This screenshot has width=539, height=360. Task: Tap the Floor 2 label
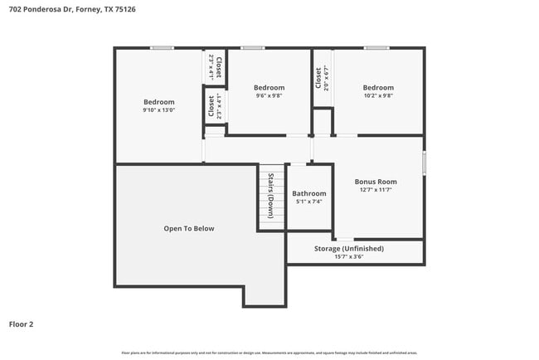pos(21,324)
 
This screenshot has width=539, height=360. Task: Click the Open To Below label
pos(189,228)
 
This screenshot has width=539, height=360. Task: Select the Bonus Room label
pos(376,182)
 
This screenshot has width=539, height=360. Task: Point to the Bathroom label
pos(308,193)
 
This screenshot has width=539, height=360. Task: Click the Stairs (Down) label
pos(270,196)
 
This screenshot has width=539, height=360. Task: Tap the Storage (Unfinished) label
pos(348,248)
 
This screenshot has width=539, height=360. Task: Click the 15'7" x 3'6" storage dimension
pos(348,256)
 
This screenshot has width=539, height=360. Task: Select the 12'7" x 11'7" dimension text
pos(376,190)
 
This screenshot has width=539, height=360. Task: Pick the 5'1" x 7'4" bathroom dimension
pos(308,202)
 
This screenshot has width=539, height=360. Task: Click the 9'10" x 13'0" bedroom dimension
pos(158,110)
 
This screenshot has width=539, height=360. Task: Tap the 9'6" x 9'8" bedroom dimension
pos(269,95)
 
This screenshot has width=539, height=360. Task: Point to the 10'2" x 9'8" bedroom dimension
pos(377,95)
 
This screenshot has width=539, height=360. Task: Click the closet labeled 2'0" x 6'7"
pos(321,78)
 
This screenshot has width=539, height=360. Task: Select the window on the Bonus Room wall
pos(424,162)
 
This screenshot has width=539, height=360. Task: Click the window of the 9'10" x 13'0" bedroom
pos(162,48)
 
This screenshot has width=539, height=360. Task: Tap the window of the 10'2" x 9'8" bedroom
pos(376,48)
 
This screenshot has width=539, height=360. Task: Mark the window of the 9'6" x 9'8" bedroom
pos(253,48)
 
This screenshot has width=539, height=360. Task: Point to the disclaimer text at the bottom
pos(269,353)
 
